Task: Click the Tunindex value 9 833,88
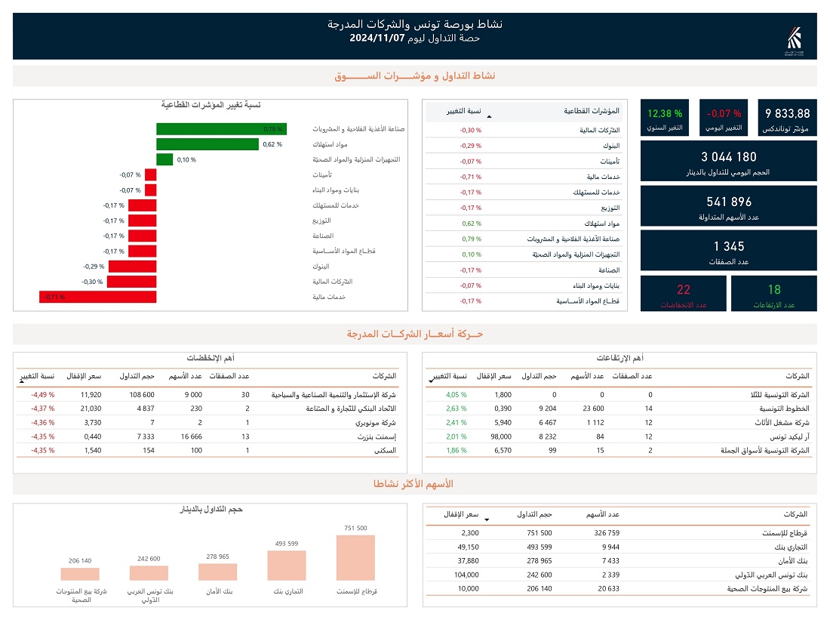[x=788, y=114]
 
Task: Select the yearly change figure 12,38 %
[x=664, y=114]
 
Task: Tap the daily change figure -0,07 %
[x=724, y=114]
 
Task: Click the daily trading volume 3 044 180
[x=728, y=157]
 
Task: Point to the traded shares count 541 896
[x=728, y=202]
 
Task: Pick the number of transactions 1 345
[x=728, y=246]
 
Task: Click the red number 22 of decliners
[x=684, y=289]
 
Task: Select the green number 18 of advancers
[x=774, y=289]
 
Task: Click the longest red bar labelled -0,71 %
[x=98, y=297]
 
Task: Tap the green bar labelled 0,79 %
[x=221, y=129]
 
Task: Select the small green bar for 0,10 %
[x=164, y=159]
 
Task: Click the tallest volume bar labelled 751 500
[x=355, y=557]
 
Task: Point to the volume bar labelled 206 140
[x=79, y=574]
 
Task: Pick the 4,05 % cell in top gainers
[x=456, y=394]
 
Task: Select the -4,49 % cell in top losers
[x=42, y=394]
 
